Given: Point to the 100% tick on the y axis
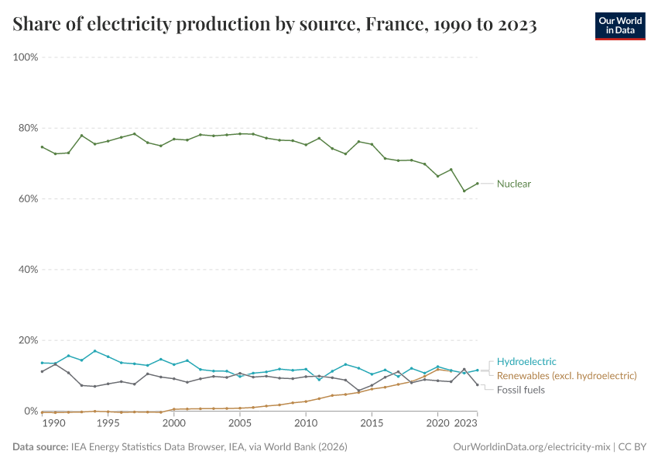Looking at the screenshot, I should tap(26, 57).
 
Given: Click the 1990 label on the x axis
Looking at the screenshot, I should tap(53, 424).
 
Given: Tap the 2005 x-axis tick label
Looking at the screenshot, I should tap(240, 424).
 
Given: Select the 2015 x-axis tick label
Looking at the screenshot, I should tap(372, 424).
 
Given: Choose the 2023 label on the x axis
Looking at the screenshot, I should tap(466, 424).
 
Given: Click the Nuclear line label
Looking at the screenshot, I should tap(513, 184).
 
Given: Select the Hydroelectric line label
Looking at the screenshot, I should tap(526, 361).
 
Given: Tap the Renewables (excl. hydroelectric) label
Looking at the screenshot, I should tap(567, 375).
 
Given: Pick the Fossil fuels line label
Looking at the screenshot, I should tap(520, 390).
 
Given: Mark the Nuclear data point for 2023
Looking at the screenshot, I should tap(478, 184).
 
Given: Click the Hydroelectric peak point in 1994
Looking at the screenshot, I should tap(95, 351).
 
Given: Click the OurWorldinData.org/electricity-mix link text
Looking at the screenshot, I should tap(532, 447).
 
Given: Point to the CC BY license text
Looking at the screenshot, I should tap(632, 447).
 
